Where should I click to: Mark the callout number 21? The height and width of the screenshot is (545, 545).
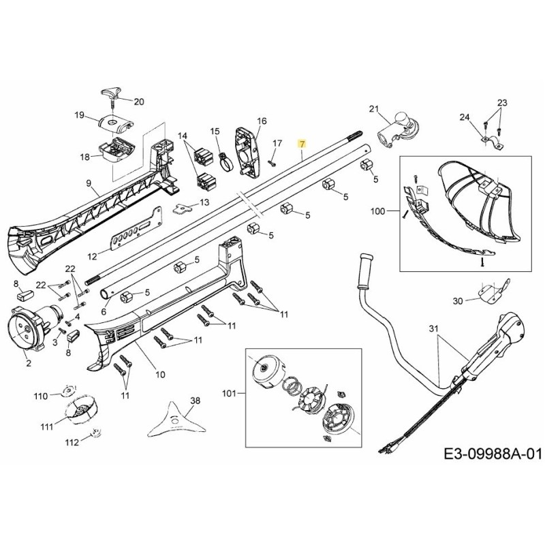click(373, 109)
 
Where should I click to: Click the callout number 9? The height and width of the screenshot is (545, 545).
click(88, 183)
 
